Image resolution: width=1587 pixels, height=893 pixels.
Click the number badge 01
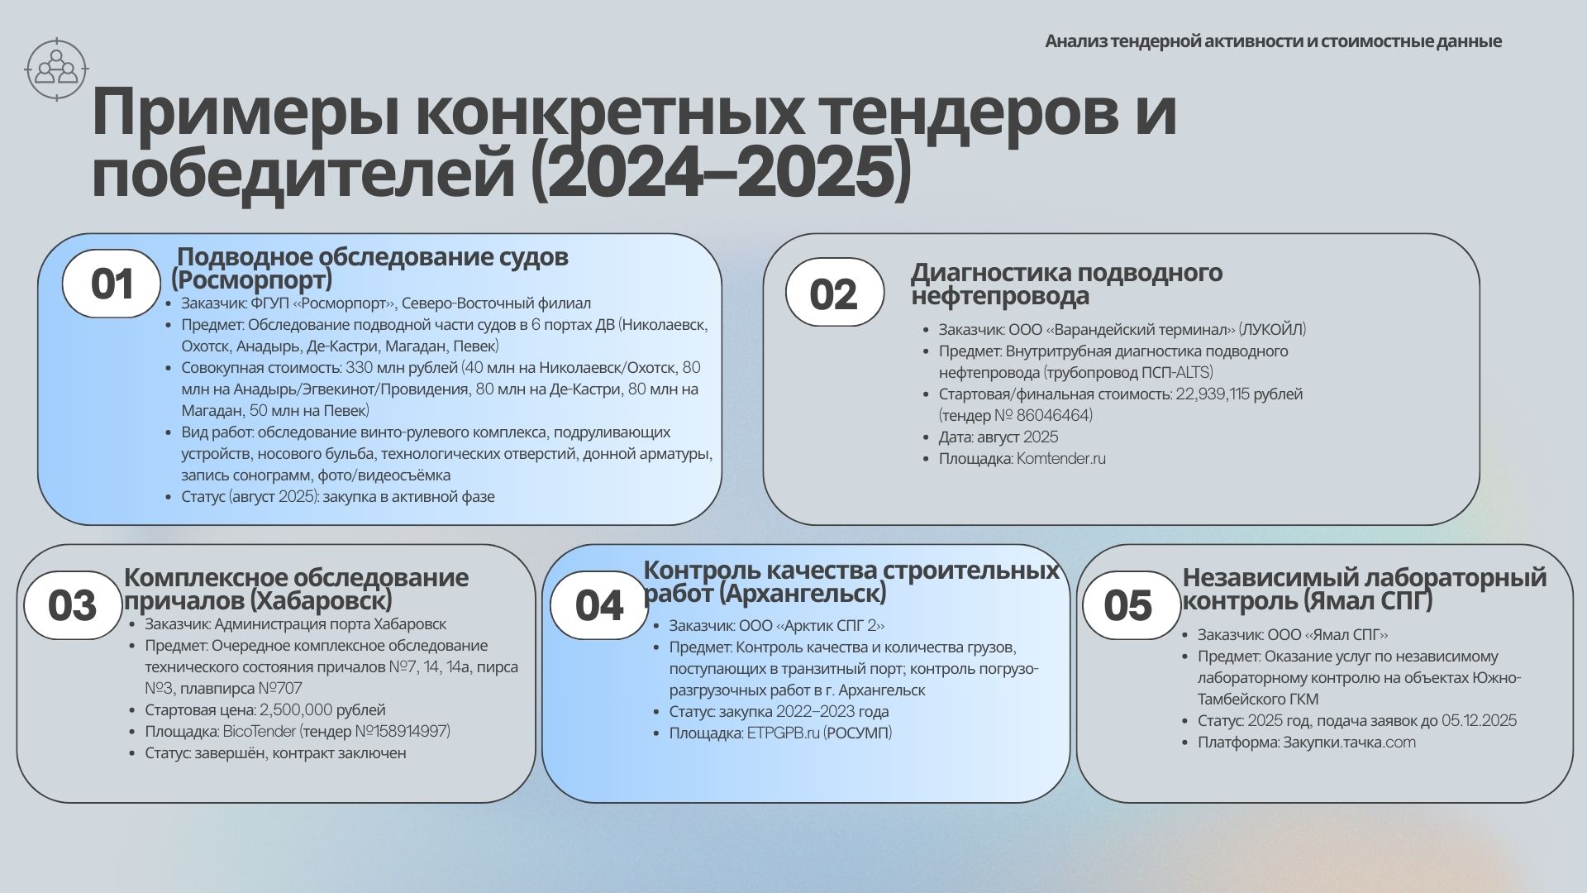click(x=112, y=284)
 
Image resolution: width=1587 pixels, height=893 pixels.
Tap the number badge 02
click(x=834, y=293)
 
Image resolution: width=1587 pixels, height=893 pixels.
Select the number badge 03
click(x=73, y=605)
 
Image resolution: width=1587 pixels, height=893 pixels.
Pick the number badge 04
click(x=599, y=605)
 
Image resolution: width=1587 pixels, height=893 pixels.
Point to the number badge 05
click(x=1131, y=605)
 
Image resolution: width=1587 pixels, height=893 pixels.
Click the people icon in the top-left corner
click(x=56, y=69)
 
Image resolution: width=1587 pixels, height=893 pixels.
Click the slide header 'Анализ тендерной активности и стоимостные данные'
click(x=1273, y=41)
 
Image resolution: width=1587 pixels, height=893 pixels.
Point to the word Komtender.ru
click(x=1060, y=458)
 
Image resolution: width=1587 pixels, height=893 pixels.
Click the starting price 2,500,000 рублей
click(x=322, y=709)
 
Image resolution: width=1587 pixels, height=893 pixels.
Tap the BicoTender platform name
click(x=259, y=731)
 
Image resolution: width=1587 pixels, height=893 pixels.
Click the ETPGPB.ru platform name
click(x=783, y=733)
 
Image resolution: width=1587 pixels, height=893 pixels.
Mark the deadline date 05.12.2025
click(x=1479, y=720)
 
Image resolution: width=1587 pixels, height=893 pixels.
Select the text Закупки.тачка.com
click(x=1349, y=742)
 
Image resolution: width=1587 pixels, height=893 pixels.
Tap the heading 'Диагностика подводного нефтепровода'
click(x=1066, y=284)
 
